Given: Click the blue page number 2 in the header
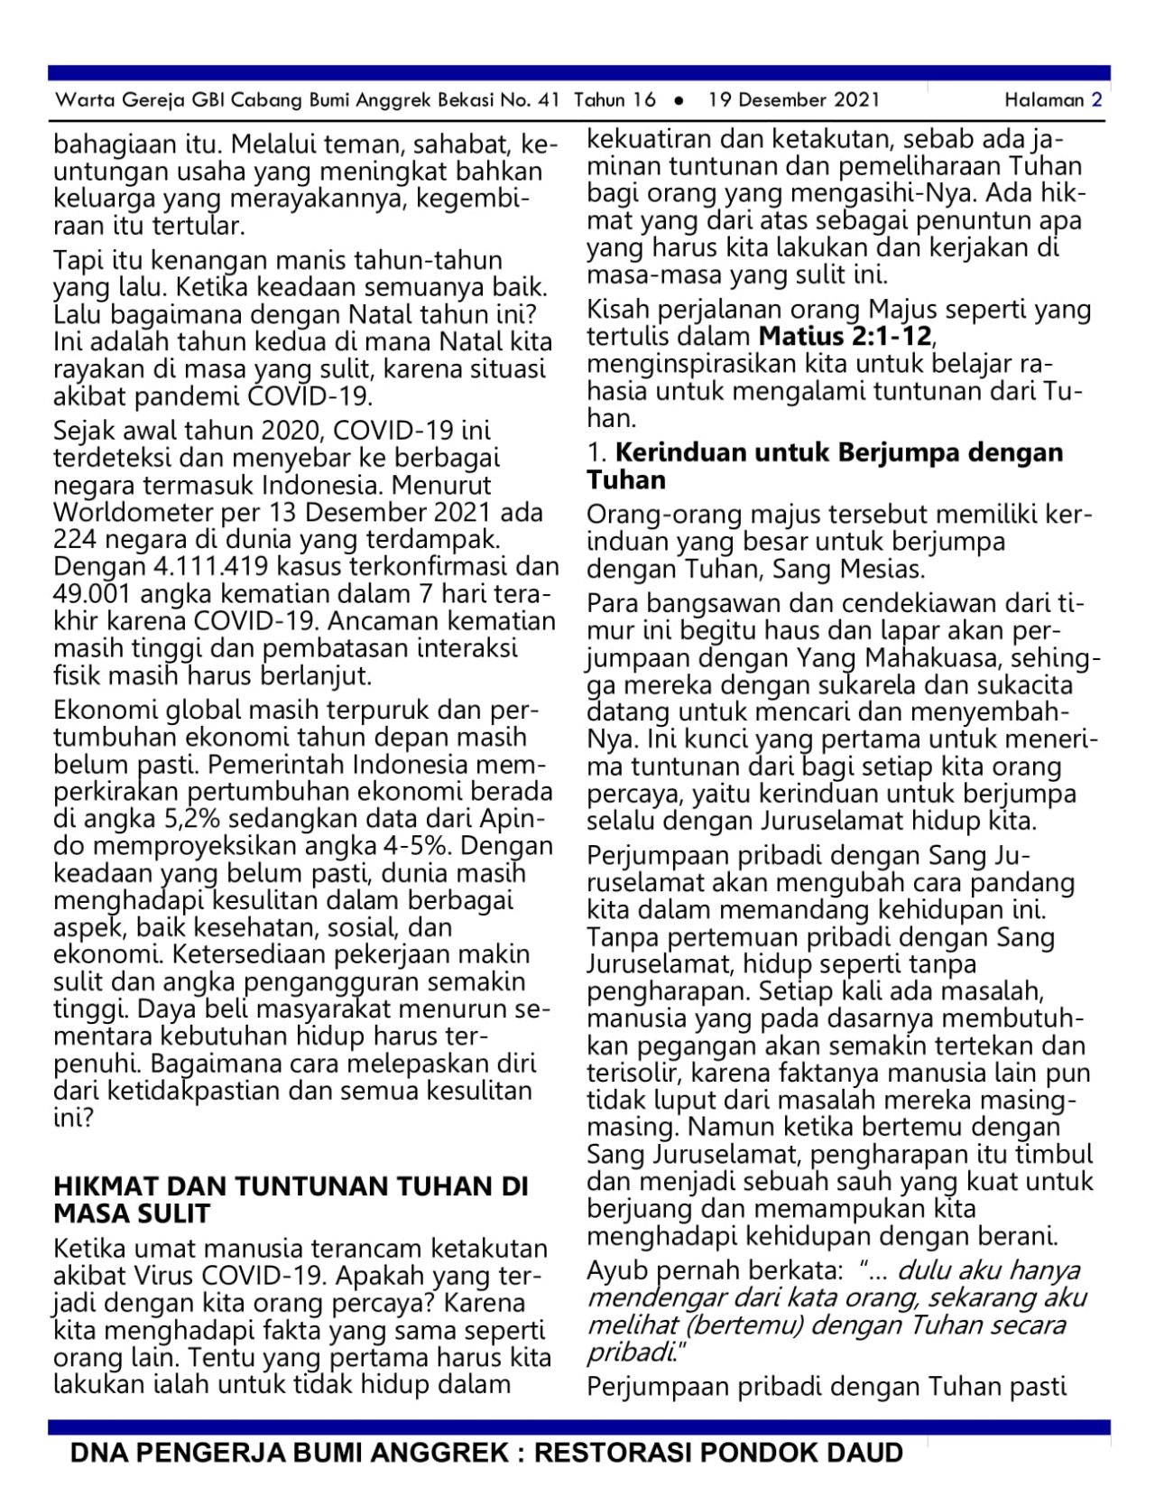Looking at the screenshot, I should click(x=1096, y=100).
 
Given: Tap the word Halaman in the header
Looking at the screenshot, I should click(x=1044, y=100).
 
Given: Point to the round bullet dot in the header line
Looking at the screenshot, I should click(x=679, y=100).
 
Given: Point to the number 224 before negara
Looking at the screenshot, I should click(x=75, y=540).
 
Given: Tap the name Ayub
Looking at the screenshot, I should click(x=617, y=1270).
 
